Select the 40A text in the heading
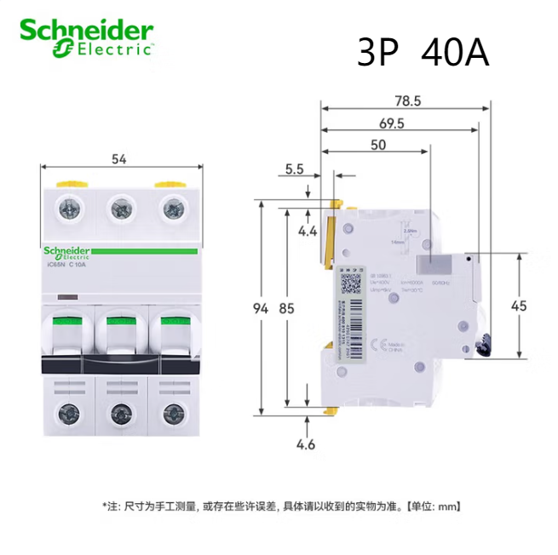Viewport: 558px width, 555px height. click(x=455, y=54)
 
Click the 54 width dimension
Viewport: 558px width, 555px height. click(x=120, y=158)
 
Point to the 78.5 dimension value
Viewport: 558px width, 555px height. click(x=406, y=100)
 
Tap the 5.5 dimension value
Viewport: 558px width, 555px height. click(x=295, y=169)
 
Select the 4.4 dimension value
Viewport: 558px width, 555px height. click(x=308, y=230)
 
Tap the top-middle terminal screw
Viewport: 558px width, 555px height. click(x=120, y=206)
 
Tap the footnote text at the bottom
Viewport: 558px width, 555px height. click(x=281, y=506)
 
